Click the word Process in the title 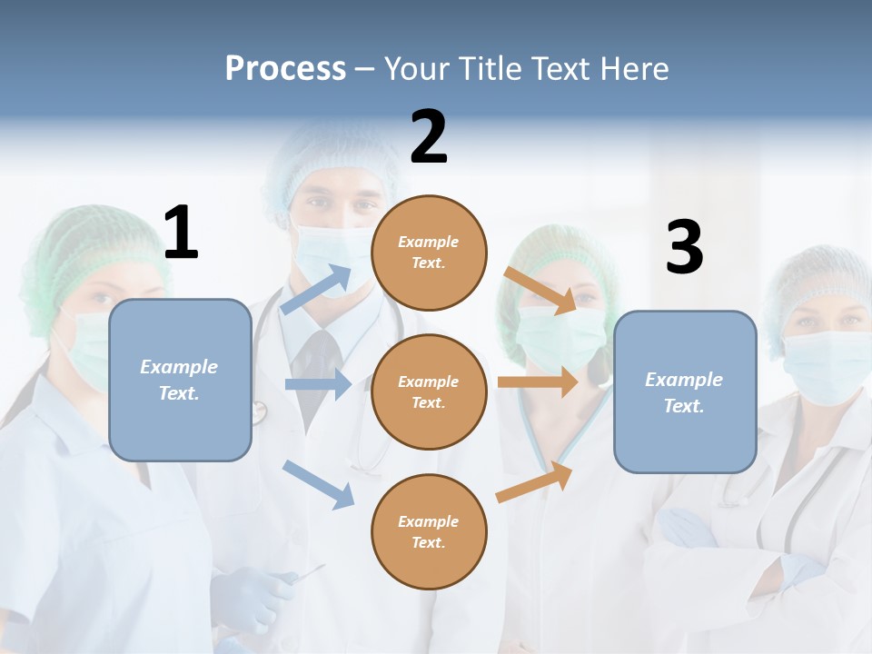coord(285,68)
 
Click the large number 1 coord(181,233)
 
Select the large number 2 coord(429,137)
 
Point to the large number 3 coord(684,248)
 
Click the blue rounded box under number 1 coord(180,380)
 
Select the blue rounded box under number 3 coord(685,392)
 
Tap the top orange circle coord(429,253)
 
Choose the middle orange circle coord(429,391)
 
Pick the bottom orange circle coord(429,531)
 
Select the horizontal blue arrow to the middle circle coord(318,384)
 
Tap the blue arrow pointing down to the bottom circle coord(318,484)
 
